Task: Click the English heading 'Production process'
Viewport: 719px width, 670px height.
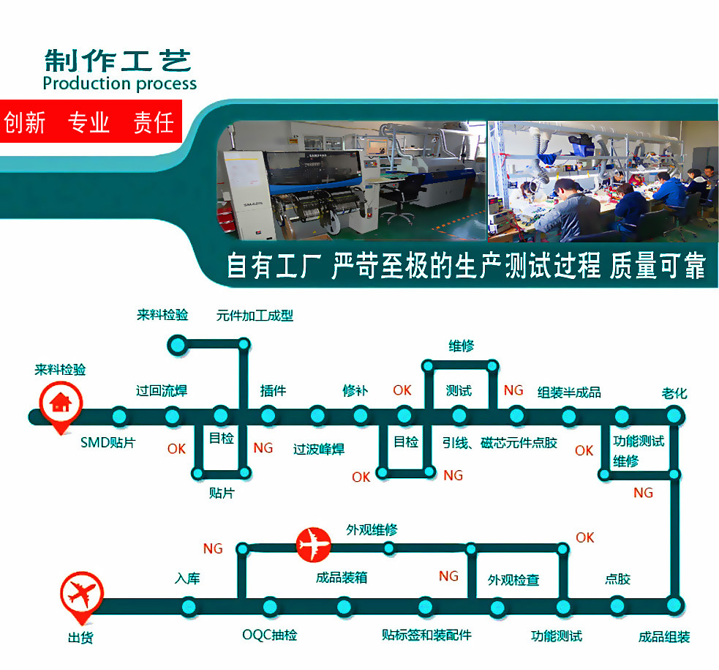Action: click(119, 83)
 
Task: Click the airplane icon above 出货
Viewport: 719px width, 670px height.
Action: click(81, 594)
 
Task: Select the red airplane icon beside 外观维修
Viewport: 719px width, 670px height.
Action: click(314, 545)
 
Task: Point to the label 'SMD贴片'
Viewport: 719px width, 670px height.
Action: click(108, 442)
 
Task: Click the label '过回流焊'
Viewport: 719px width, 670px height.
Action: click(162, 390)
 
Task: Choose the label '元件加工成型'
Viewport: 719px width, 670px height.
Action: click(255, 316)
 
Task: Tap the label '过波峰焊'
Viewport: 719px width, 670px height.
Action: click(319, 449)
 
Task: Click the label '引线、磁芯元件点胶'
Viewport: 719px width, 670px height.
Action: click(500, 442)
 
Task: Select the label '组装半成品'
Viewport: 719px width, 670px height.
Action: click(569, 392)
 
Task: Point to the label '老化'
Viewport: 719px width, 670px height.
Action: click(674, 393)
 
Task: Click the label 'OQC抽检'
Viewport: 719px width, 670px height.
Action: click(270, 635)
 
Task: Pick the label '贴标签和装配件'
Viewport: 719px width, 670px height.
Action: click(426, 635)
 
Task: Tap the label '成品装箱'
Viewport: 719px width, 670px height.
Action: click(342, 578)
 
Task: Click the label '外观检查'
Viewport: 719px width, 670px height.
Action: click(513, 580)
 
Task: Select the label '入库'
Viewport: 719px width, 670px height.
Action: click(187, 578)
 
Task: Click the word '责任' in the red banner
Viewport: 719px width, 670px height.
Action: click(154, 122)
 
